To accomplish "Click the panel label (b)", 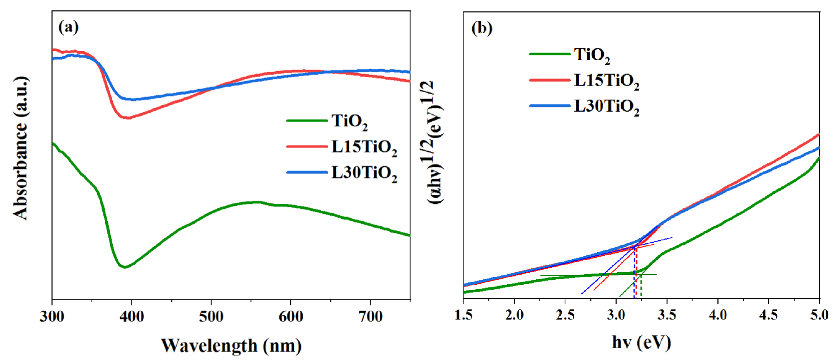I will (482, 28).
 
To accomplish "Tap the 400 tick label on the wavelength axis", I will (131, 316).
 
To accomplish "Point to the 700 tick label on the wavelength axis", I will (371, 316).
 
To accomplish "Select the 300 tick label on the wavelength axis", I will (52, 316).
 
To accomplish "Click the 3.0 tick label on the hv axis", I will (616, 315).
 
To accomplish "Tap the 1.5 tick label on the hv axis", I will (463, 315).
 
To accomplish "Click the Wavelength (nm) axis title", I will (231, 345).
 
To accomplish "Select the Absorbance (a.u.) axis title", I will (20, 149).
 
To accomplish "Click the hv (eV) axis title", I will (642, 342).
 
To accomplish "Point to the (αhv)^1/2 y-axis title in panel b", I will (436, 142).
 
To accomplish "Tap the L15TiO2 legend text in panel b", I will (606, 81).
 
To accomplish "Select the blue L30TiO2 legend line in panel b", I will (550, 106).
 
